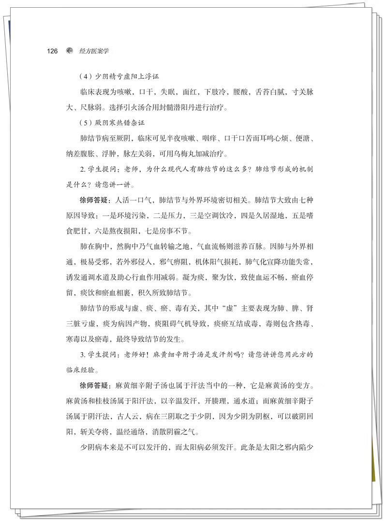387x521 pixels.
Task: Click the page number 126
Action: [x=52, y=51]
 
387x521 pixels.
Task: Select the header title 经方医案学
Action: [x=94, y=51]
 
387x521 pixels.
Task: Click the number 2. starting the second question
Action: [x=82, y=169]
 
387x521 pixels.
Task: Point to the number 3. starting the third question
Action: [x=82, y=355]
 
